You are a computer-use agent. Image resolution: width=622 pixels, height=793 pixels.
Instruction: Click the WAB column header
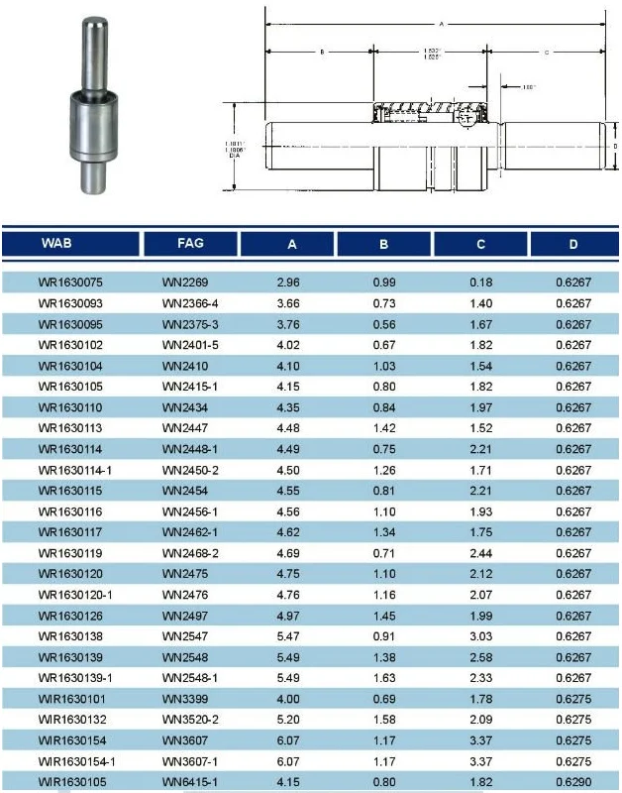click(56, 243)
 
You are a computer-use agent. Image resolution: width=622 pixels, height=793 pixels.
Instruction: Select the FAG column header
click(190, 243)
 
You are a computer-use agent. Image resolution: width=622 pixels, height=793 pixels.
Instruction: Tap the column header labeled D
click(573, 243)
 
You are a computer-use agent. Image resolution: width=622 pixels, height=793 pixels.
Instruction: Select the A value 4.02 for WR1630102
click(288, 345)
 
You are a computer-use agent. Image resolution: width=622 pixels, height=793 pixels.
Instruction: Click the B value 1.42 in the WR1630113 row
click(384, 428)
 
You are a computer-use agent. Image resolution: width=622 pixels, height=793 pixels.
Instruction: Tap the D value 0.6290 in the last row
click(573, 782)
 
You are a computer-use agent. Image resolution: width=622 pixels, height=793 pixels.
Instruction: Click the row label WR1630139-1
click(75, 678)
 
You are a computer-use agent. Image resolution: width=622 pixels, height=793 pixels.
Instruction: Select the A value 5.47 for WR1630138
click(288, 636)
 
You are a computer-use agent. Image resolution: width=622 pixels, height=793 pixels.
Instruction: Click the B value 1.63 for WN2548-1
click(384, 678)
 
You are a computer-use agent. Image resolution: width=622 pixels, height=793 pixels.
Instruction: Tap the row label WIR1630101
click(72, 699)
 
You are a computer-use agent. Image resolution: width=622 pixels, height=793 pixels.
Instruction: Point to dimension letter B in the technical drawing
click(322, 50)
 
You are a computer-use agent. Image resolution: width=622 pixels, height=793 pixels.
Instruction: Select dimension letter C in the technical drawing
click(547, 50)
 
